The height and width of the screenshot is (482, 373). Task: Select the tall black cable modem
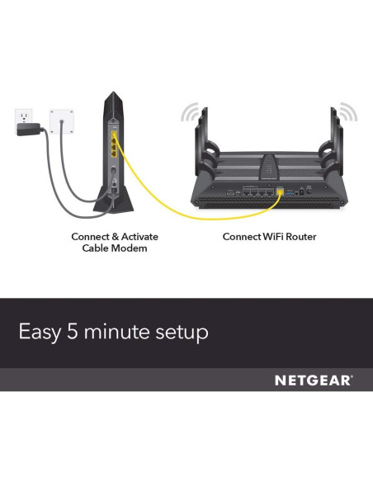[113, 153]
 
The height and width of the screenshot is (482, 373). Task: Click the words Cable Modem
[115, 248]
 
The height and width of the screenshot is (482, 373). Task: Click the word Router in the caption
[300, 237]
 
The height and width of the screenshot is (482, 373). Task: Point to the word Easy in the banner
[39, 333]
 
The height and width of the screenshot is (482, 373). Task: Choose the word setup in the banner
[179, 333]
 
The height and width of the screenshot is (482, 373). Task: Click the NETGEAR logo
[313, 380]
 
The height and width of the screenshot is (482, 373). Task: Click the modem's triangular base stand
[113, 199]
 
